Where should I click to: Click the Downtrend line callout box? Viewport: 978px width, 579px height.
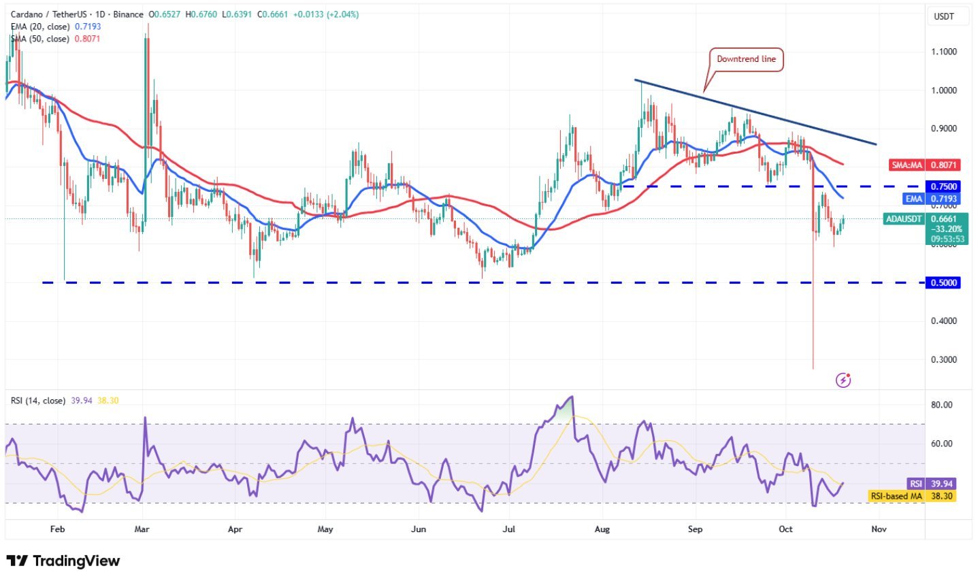coord(746,59)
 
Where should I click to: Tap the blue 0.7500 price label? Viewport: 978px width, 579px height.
coord(943,186)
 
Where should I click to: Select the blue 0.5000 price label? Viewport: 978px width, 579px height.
coord(943,282)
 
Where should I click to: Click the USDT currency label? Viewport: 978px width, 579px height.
coord(943,16)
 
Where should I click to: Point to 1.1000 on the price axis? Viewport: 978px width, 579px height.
coord(943,52)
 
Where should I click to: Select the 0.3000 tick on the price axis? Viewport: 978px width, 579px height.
coord(943,359)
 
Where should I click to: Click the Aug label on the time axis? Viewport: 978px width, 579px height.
coord(602,529)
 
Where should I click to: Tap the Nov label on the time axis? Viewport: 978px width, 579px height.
coord(879,529)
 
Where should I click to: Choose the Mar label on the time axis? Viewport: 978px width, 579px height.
coord(142,529)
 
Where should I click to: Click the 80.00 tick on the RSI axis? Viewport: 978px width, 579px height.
coord(942,405)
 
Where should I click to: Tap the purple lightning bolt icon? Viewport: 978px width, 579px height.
coord(843,380)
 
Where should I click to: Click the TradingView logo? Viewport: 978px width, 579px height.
coord(63,561)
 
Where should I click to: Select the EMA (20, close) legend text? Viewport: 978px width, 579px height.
coord(39,27)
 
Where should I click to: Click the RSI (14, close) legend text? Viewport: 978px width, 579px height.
coord(38,401)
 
